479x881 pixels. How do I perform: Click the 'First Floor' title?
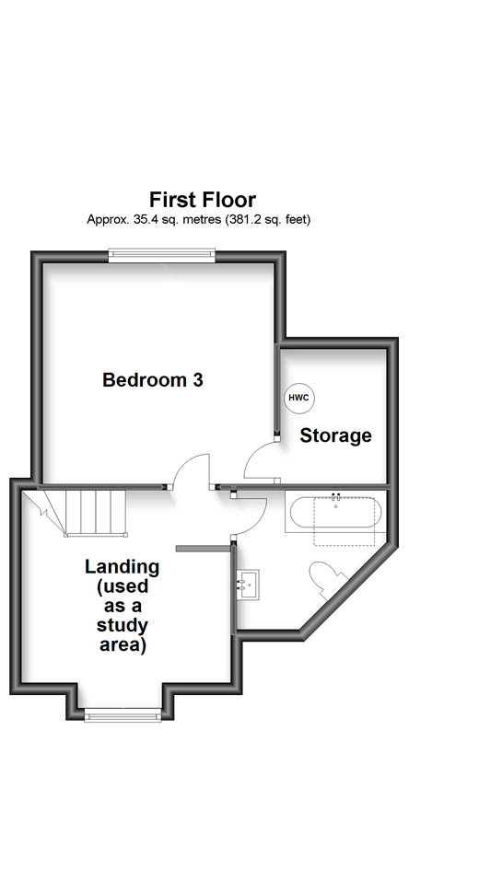point(203,199)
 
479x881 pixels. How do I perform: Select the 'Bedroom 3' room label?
point(152,379)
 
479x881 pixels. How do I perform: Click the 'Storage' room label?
point(335,435)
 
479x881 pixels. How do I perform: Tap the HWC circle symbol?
point(298,398)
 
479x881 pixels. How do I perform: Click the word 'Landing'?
point(123,566)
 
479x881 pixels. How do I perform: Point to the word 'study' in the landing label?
point(123,626)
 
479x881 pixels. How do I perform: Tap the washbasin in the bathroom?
point(248,582)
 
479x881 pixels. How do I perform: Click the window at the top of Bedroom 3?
point(161,255)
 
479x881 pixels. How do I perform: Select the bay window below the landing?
point(123,713)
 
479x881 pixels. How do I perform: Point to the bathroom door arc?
point(251,516)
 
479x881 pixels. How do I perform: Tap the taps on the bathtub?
point(335,497)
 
